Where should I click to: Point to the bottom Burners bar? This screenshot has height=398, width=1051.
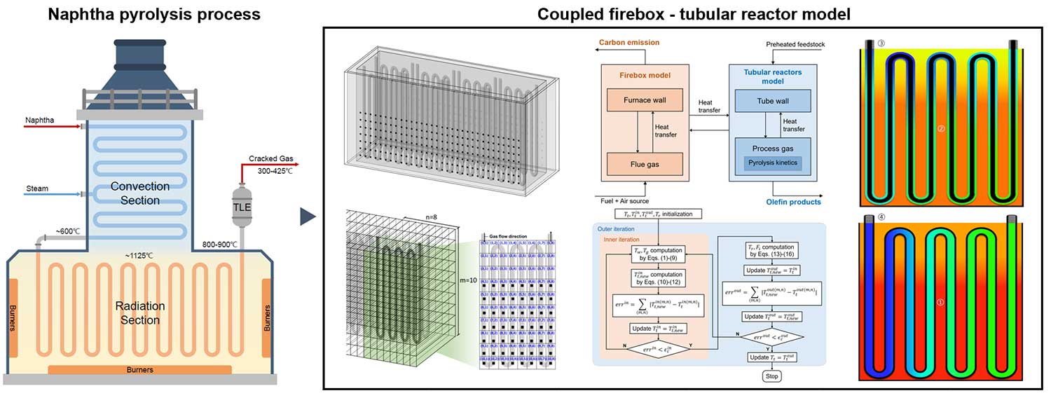pyautogui.click(x=139, y=369)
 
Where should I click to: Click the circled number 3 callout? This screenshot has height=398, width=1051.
pyautogui.click(x=881, y=43)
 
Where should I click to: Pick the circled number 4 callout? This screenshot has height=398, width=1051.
pyautogui.click(x=881, y=217)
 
